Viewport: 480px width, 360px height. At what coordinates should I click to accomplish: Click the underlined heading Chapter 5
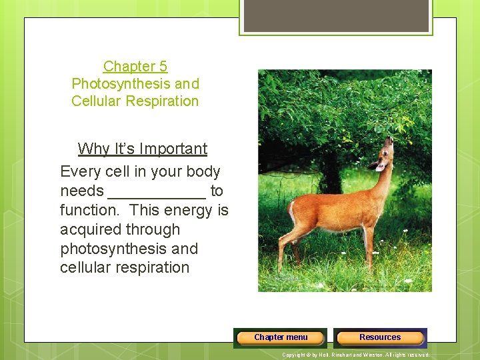[x=135, y=67]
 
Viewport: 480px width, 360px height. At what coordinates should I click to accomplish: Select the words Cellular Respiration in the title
[x=135, y=101]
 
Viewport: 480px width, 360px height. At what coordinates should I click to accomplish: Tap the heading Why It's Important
[x=142, y=149]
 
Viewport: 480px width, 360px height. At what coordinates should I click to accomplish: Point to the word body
[x=203, y=172]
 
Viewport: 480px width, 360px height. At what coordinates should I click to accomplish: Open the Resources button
[x=380, y=337]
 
